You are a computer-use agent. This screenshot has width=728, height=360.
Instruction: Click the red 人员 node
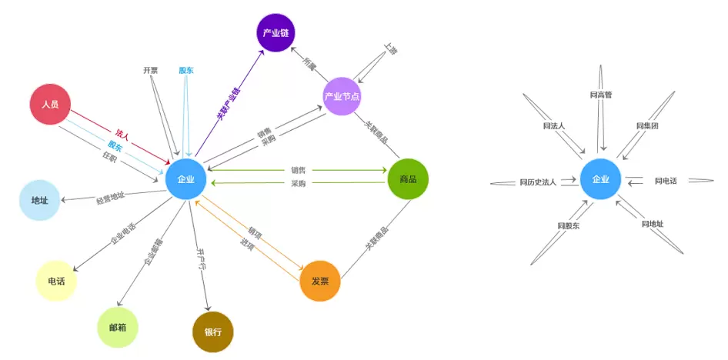tap(50, 104)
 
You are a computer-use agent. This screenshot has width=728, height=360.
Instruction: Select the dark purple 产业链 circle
tap(276, 33)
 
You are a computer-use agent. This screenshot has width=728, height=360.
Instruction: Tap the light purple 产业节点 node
tap(342, 96)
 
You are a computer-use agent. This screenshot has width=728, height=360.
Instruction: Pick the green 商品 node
tap(408, 179)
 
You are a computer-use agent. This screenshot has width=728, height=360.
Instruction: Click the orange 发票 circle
tap(320, 281)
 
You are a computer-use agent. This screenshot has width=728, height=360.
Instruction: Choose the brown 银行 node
tap(212, 332)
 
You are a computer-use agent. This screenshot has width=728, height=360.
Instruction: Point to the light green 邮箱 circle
tap(118, 328)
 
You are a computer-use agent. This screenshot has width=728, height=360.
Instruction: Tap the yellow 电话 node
tap(56, 281)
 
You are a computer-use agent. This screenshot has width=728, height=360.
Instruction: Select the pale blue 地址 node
tap(39, 201)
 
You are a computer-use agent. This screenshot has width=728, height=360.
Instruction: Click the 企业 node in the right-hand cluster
tap(600, 179)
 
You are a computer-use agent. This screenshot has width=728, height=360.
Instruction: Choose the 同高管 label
tap(600, 95)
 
